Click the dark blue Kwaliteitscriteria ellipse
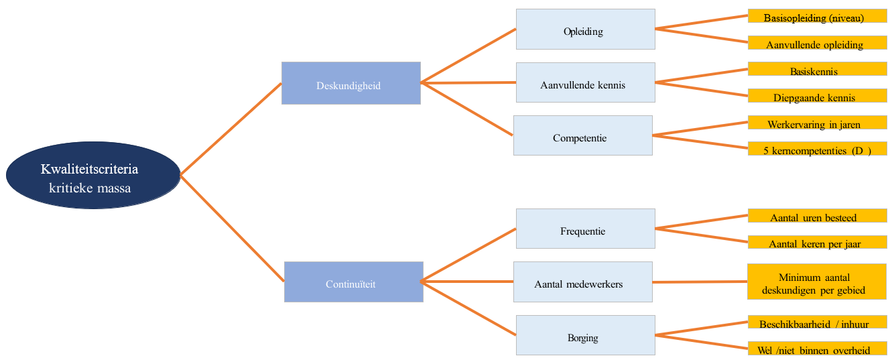[93, 175]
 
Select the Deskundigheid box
[351, 83]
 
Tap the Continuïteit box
[354, 282]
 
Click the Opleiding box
[585, 29]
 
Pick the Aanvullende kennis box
[585, 82]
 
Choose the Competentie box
[583, 135]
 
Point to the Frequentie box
[585, 229]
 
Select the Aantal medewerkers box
[583, 282]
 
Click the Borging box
[585, 335]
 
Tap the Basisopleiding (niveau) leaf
[818, 16]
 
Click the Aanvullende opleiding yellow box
[818, 43]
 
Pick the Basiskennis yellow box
[818, 68]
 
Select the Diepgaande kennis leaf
[818, 96]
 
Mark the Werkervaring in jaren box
[818, 122]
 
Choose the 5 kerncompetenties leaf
[818, 149]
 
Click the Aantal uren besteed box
[818, 215]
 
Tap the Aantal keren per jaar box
[818, 242]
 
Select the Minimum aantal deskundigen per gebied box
[817, 282]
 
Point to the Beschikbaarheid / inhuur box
[818, 322]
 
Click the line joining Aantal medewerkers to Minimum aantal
[700, 282]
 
